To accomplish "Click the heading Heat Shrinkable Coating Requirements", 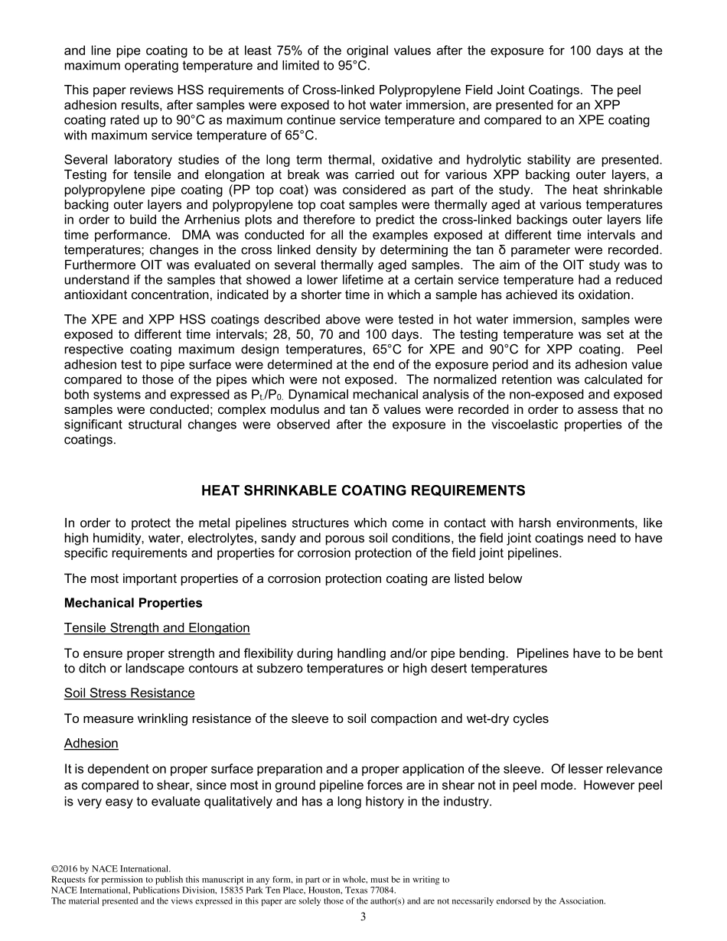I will [363, 490].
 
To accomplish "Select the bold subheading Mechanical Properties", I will [133, 603].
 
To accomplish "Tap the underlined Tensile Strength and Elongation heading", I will [157, 628].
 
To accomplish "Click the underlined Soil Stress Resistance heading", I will [129, 693].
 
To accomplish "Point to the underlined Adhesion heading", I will [91, 744].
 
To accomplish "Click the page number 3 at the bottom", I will [363, 918].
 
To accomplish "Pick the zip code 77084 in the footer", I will [380, 891].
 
